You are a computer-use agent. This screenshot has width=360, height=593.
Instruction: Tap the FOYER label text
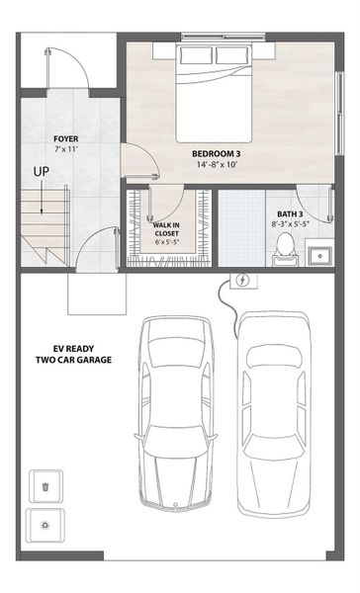(x=66, y=139)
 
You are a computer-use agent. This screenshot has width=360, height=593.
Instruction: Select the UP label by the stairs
(x=42, y=172)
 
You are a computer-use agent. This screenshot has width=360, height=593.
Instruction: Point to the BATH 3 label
(x=290, y=213)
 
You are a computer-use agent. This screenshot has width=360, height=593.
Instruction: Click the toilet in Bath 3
(x=286, y=248)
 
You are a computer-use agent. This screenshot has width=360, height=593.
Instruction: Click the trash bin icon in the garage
(x=45, y=487)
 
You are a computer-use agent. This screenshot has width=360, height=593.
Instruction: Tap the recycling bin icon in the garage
(x=45, y=527)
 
